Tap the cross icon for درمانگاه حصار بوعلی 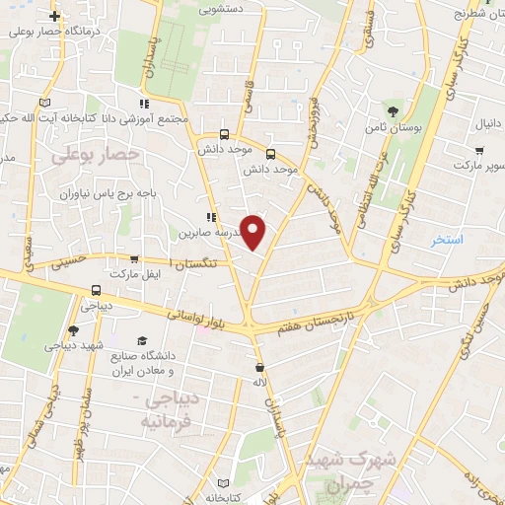pos(54,17)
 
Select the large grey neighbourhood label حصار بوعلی pos(96,155)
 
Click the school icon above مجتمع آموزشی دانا pos(144,104)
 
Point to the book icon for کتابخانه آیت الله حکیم pos(43,103)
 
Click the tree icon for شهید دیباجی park pos(74,330)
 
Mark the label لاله pos(260,381)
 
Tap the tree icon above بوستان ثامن pos(394,110)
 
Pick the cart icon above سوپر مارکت pos(478,151)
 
